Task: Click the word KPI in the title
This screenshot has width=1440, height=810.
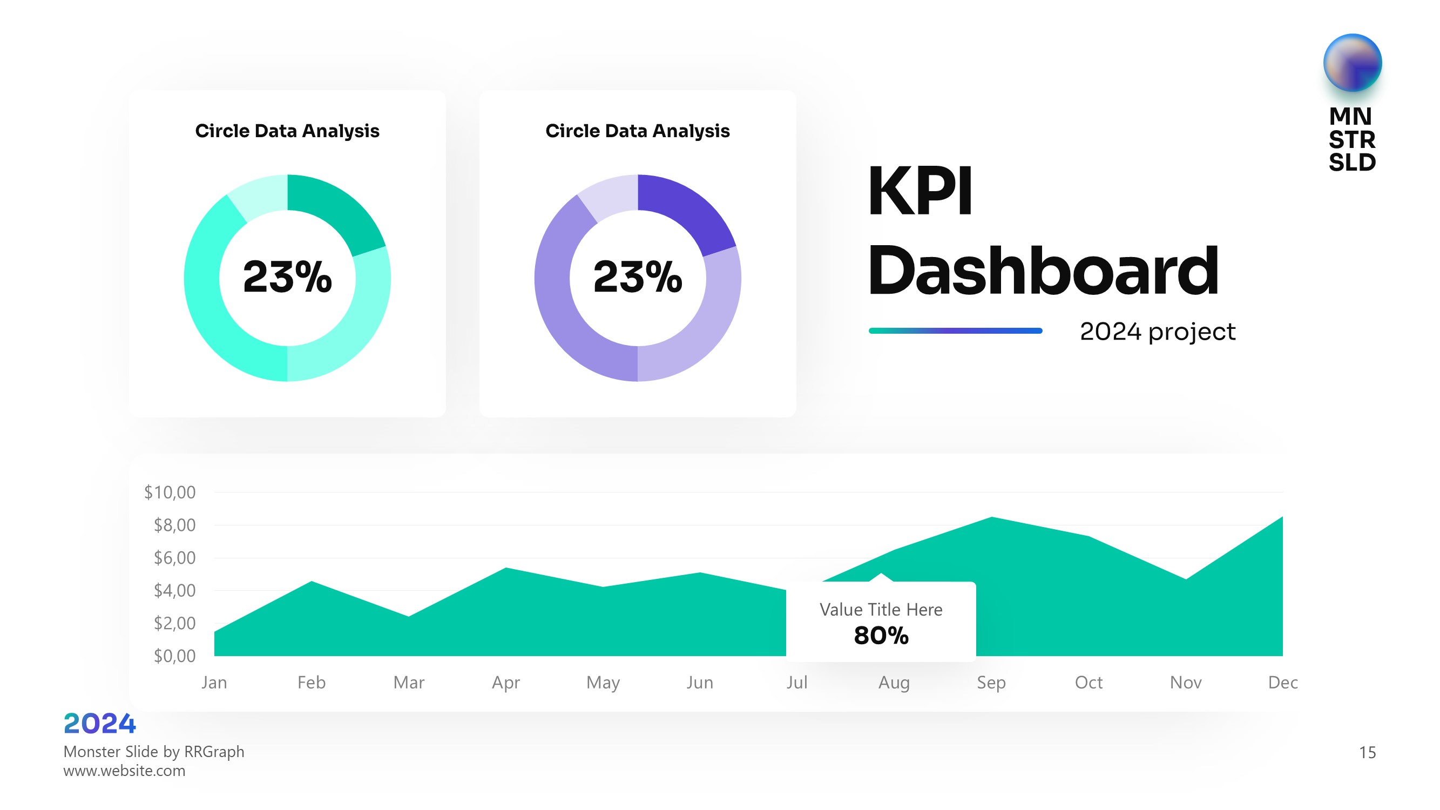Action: (x=920, y=191)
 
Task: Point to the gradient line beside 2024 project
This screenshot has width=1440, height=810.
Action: (x=955, y=331)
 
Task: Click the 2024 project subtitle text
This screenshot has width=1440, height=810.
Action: (x=1157, y=332)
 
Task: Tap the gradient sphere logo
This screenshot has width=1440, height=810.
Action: (x=1351, y=63)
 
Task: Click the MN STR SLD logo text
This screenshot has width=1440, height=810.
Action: (x=1351, y=139)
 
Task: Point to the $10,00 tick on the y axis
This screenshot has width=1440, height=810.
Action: (x=170, y=492)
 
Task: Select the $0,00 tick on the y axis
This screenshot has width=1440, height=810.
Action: (x=174, y=656)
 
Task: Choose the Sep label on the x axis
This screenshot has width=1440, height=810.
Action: (x=991, y=683)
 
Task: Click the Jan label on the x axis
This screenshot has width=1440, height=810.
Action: (x=214, y=683)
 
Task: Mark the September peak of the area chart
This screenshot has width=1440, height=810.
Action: (x=992, y=518)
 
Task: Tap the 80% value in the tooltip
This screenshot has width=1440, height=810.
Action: (x=881, y=636)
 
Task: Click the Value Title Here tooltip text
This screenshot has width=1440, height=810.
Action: (x=881, y=609)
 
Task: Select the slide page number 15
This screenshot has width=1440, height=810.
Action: (x=1367, y=752)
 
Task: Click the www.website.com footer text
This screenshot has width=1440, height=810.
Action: (x=124, y=771)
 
